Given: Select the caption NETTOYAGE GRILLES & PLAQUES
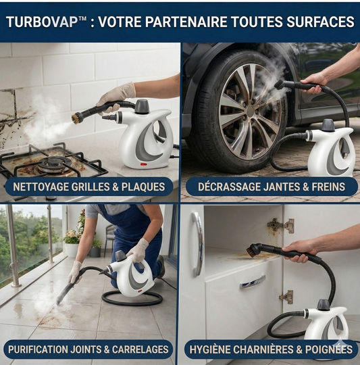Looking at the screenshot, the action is click(x=89, y=187).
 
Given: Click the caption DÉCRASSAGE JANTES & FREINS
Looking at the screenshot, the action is click(x=272, y=187).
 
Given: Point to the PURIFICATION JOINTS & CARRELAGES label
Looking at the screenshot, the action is click(x=88, y=349).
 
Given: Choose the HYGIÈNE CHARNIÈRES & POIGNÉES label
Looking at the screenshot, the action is click(x=271, y=349).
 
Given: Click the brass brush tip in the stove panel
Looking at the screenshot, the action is click(x=76, y=118).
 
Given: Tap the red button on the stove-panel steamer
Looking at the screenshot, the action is click(x=144, y=164).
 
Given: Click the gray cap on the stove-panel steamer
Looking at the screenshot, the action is click(x=142, y=106).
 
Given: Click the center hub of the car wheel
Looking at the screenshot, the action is click(x=251, y=112).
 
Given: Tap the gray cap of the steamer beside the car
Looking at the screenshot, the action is click(x=328, y=125).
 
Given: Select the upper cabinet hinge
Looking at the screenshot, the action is click(x=281, y=225).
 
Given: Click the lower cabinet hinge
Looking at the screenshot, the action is click(x=286, y=297).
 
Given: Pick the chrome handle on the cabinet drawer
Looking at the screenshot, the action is click(x=253, y=282).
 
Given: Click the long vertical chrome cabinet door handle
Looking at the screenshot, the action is click(x=198, y=244).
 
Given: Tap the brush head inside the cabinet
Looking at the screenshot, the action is click(x=253, y=251).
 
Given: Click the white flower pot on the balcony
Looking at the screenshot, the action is click(x=72, y=251).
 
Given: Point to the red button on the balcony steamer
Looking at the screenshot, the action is click(x=140, y=291).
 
